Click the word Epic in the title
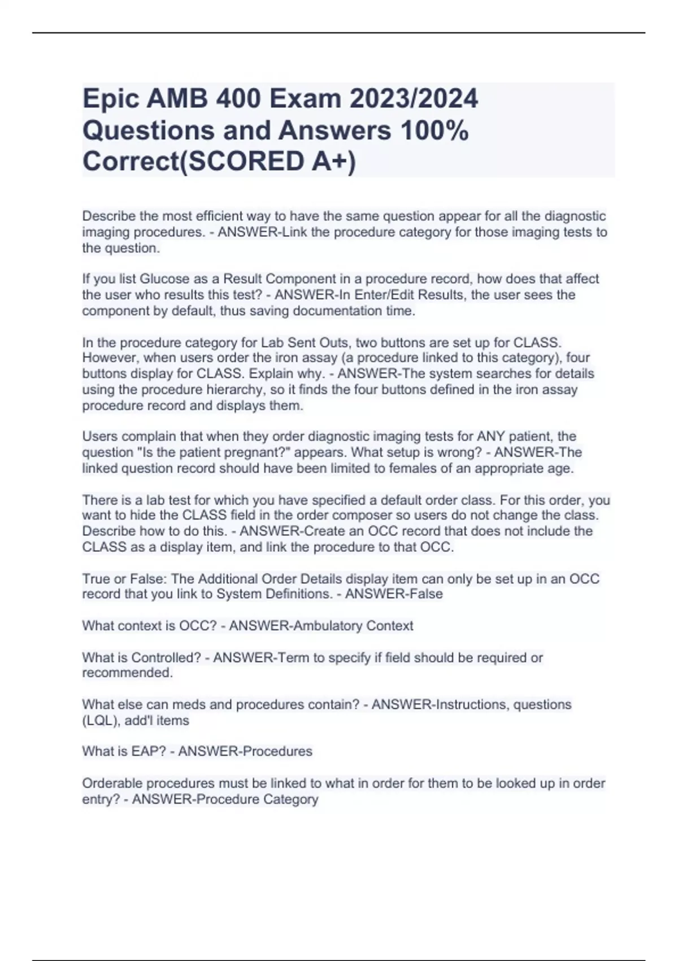coord(110,99)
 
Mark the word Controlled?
coord(166,657)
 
